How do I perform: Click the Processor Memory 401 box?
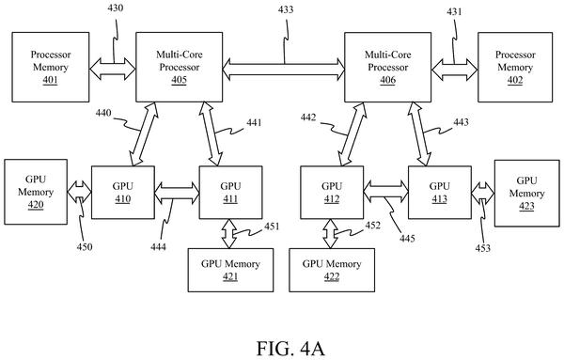(51, 68)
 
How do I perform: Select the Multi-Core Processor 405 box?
(180, 68)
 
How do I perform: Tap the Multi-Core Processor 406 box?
(387, 68)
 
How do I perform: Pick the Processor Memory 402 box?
(515, 68)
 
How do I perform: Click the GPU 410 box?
(123, 193)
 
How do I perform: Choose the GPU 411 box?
(230, 193)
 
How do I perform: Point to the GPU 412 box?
(332, 193)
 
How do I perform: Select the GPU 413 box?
(440, 193)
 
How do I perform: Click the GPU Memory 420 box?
(36, 192)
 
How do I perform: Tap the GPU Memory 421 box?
(230, 270)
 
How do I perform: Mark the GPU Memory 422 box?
(332, 270)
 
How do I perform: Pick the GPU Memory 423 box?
(527, 193)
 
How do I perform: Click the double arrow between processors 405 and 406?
(284, 70)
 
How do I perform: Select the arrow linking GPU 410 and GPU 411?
(177, 193)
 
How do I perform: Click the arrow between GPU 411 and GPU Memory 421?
(229, 234)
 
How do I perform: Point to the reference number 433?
(286, 9)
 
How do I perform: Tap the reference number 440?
(103, 114)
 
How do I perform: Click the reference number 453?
(483, 248)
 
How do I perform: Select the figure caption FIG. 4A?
(290, 349)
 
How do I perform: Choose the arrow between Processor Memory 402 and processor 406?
(455, 70)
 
